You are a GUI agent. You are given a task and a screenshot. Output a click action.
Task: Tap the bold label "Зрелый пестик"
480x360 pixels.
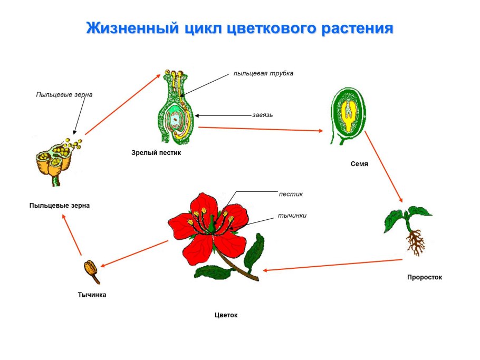click(156, 153)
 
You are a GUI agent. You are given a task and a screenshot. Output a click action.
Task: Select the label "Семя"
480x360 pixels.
click(359, 164)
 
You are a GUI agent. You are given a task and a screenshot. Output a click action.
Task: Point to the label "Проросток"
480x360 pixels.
click(424, 277)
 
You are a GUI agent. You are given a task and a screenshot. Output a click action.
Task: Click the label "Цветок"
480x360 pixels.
click(226, 315)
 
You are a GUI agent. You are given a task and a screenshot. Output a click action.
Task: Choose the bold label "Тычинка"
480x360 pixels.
click(92, 295)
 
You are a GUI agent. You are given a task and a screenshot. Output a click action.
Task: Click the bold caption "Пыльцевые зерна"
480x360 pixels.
click(60, 206)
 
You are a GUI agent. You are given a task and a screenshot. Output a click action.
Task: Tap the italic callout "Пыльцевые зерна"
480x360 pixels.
click(64, 95)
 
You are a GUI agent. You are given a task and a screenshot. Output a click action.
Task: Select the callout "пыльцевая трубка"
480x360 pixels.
click(263, 73)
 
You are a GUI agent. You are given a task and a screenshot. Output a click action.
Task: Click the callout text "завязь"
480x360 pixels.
click(262, 115)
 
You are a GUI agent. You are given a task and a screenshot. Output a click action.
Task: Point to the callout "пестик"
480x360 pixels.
click(291, 194)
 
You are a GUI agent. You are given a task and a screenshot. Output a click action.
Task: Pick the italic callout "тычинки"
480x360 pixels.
click(292, 215)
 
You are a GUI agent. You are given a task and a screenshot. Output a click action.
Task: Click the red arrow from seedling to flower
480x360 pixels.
click(332, 265)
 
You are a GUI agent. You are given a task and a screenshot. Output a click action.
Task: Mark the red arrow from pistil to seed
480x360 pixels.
click(262, 129)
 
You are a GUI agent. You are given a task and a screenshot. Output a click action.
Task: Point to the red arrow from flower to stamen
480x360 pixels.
click(134, 254)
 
